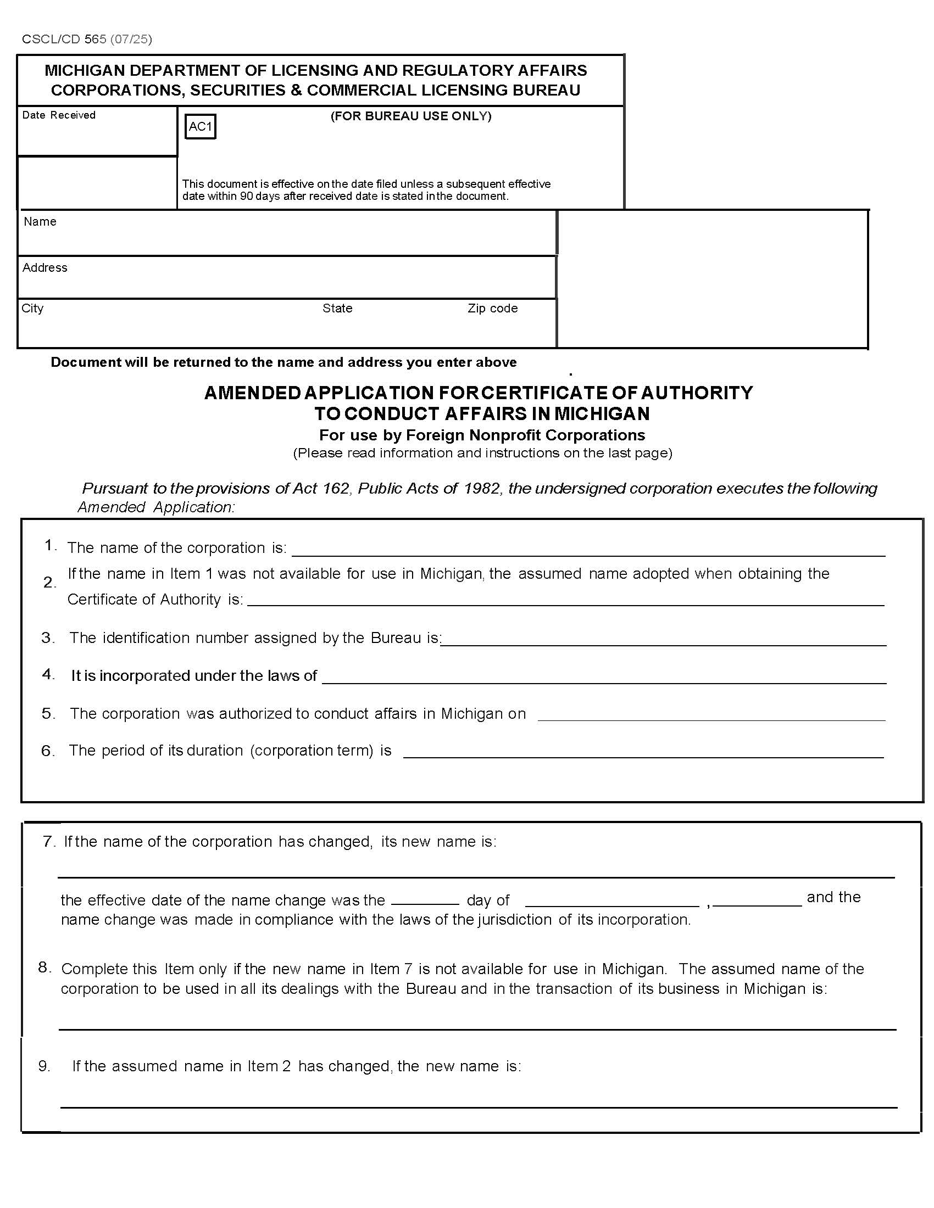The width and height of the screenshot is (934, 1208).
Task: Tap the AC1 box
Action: pyautogui.click(x=200, y=127)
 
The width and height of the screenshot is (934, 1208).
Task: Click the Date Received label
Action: pyautogui.click(x=59, y=115)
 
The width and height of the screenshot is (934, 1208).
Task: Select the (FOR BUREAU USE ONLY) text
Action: pyautogui.click(x=410, y=116)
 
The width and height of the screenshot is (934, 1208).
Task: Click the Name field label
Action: pyautogui.click(x=40, y=222)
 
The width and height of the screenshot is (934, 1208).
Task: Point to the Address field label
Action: pyautogui.click(x=45, y=268)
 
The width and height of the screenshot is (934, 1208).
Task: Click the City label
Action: pyautogui.click(x=32, y=309)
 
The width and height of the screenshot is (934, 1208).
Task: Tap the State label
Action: pyautogui.click(x=337, y=309)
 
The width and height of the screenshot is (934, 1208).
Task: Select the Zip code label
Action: pyautogui.click(x=492, y=309)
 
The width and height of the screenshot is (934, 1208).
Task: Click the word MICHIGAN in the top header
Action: pyautogui.click(x=89, y=71)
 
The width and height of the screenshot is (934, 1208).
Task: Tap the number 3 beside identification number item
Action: pyautogui.click(x=48, y=637)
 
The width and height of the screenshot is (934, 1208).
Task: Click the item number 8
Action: pyautogui.click(x=45, y=967)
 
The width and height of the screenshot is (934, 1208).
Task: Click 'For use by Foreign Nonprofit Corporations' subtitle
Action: pyautogui.click(x=482, y=435)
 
